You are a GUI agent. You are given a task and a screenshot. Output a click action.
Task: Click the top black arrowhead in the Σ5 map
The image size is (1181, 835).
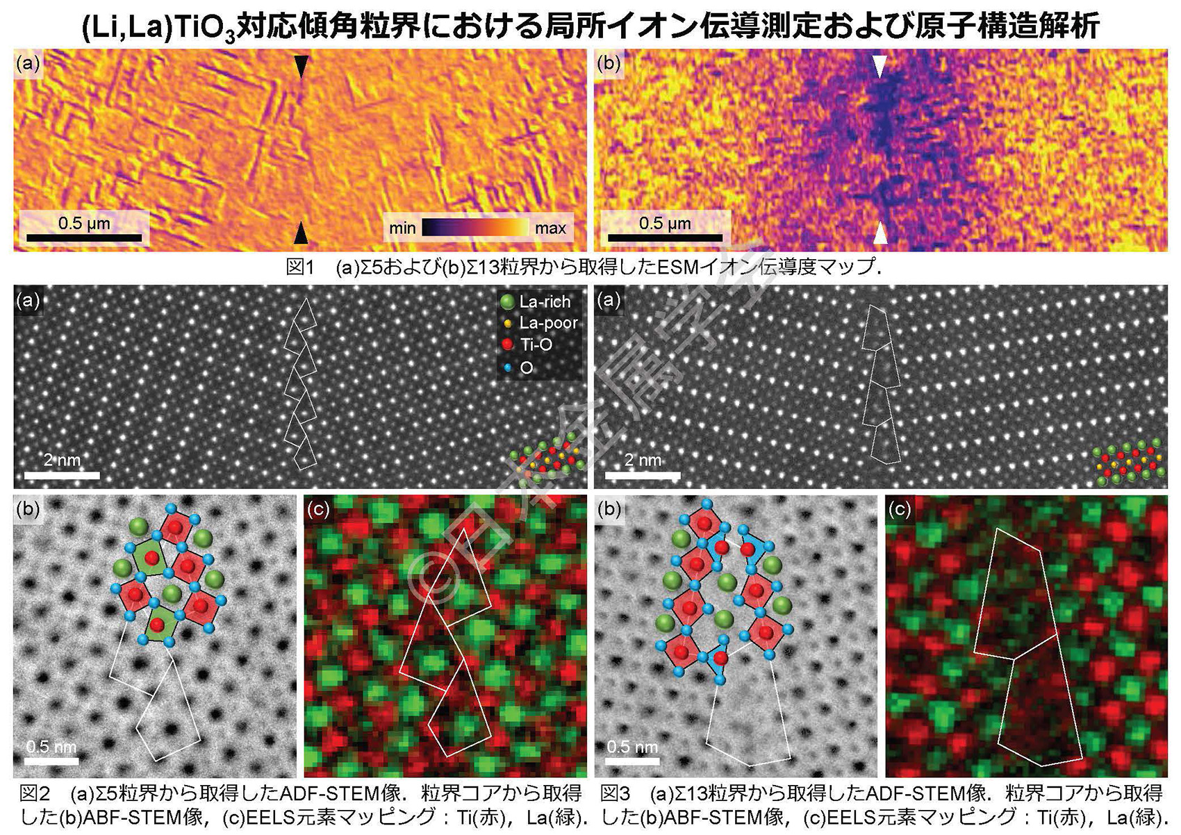coord(301,66)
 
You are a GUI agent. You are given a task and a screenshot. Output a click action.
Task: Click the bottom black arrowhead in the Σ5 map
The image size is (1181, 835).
coord(301,233)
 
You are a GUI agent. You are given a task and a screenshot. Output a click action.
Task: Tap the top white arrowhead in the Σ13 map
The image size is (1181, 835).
coord(880,66)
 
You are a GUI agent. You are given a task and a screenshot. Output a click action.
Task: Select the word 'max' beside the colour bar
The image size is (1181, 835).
coord(550,228)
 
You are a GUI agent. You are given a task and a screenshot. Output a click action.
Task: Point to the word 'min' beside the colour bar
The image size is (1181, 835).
coord(402,228)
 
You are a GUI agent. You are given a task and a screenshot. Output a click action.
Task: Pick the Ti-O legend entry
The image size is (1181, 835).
coord(528,345)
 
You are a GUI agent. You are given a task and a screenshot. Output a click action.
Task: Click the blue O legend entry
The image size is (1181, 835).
coord(517,367)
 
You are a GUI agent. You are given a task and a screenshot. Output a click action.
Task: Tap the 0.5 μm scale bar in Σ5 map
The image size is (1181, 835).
coord(84,237)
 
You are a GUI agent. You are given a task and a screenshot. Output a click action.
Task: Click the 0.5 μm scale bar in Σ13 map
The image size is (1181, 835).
coord(665,237)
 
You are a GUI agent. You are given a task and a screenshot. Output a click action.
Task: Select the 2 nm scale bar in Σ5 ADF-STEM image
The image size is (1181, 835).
coord(62,475)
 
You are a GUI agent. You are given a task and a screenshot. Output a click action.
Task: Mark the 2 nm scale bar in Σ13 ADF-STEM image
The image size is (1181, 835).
coord(643,475)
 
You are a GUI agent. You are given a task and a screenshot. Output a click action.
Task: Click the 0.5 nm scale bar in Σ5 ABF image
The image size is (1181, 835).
coord(51,759)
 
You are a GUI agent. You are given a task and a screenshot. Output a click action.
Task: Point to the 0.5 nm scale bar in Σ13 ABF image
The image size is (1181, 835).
coord(632,759)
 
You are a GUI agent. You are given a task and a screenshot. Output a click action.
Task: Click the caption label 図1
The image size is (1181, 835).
coord(301,267)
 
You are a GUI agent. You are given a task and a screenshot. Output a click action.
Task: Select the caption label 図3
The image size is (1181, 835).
coord(616,793)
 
